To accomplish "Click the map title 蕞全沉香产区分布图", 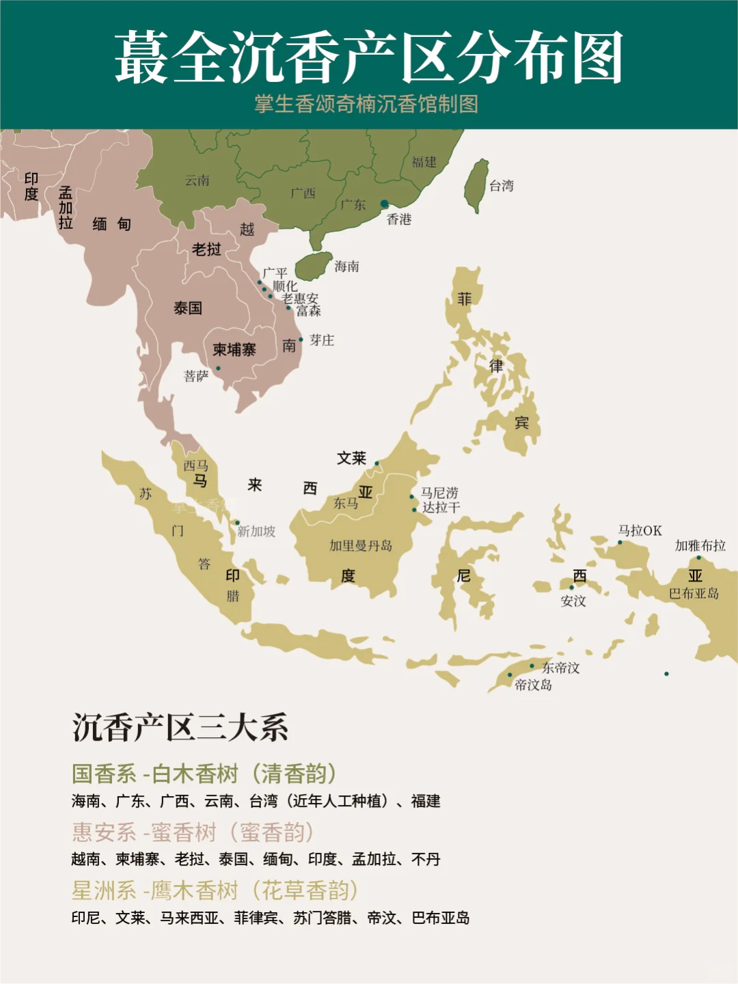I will point(368,57).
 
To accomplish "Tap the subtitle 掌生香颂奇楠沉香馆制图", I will point(366,104).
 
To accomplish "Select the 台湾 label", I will point(501,186).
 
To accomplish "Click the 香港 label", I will point(399,219).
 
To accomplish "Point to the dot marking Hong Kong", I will point(385,204).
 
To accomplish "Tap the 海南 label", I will point(346,266).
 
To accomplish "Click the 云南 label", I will point(197,180).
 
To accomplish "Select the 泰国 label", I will point(188,308).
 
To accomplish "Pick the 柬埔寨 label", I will point(234,350).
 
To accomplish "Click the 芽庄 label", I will point(322,340).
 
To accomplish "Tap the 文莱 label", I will point(351,459).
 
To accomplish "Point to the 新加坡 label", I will point(256,532).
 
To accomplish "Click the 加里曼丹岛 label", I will point(361,545).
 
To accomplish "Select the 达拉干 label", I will point(441,508).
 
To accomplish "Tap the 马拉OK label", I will point(640,531).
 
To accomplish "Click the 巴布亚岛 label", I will point(694,593).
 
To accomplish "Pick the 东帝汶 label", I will point(560,668).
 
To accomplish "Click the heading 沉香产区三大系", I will point(180,728).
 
